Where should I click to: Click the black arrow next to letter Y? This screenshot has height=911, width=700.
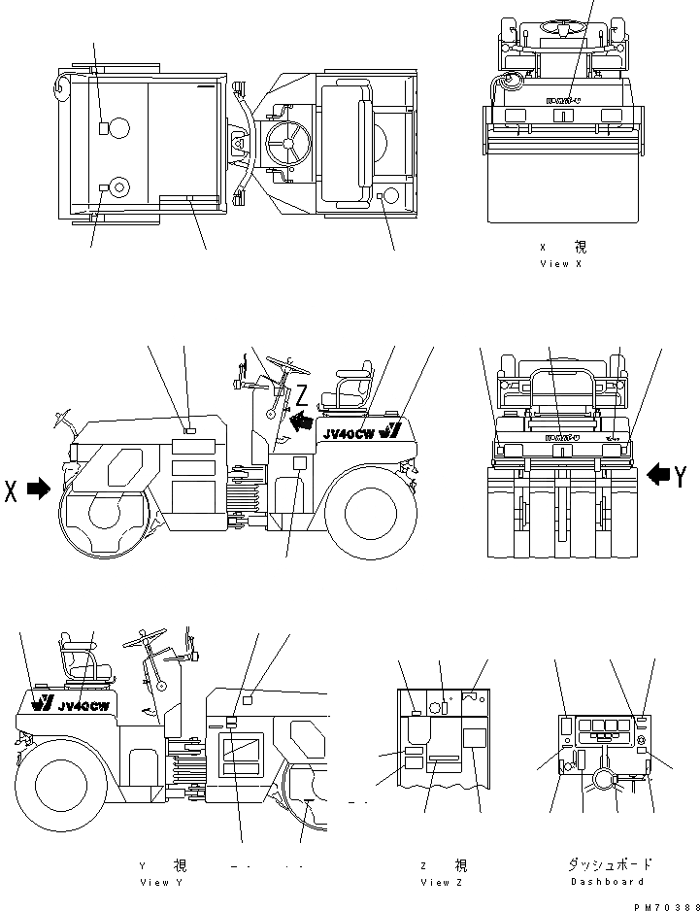coord(657,474)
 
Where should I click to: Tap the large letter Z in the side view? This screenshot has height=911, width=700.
coord(302,395)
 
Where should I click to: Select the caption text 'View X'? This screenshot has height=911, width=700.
coord(560,264)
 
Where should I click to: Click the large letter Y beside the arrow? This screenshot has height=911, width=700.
coord(683,475)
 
